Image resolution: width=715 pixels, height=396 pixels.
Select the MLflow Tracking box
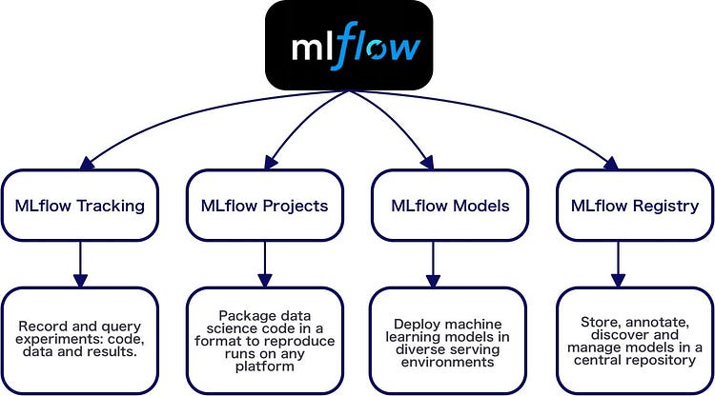point(79,206)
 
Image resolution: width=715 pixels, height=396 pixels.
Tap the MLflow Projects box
point(264,206)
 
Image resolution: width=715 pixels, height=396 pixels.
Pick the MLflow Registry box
point(634,206)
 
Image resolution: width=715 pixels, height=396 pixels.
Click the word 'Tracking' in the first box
point(111,206)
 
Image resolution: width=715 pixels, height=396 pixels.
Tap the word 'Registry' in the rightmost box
point(667,206)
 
